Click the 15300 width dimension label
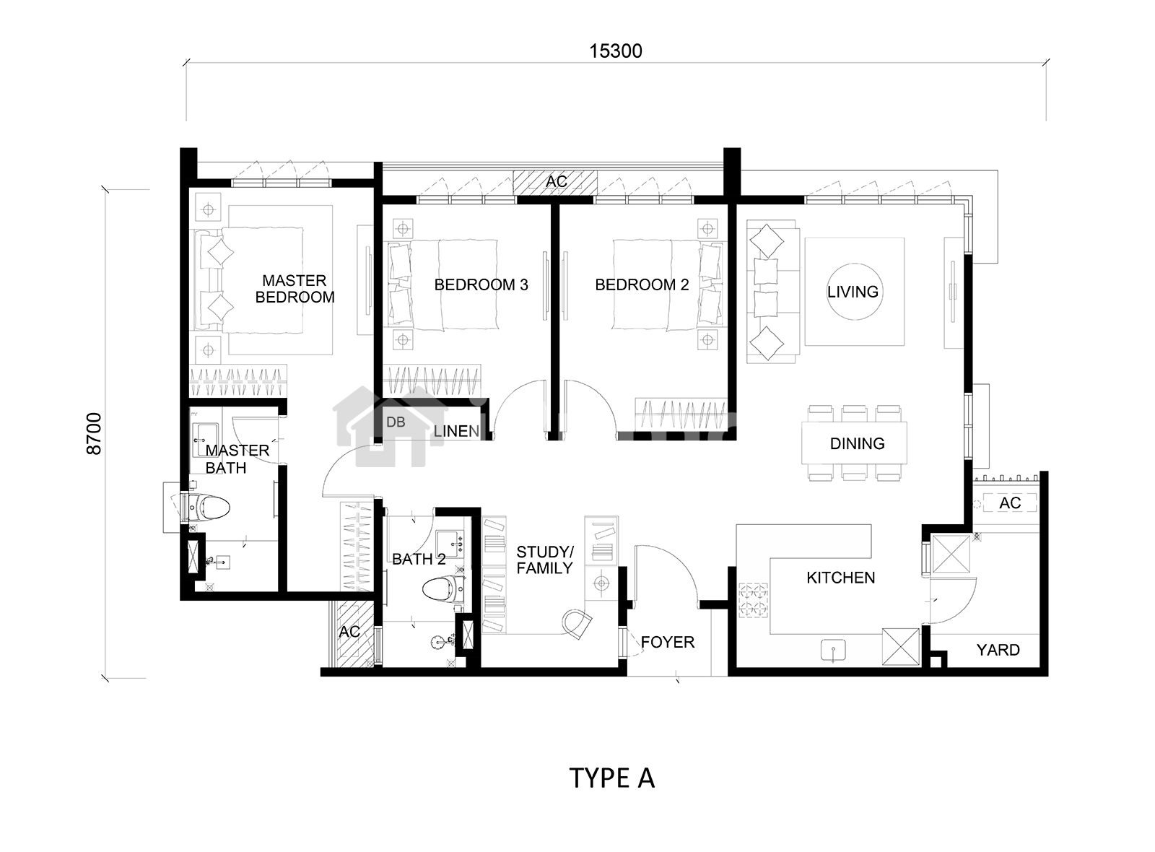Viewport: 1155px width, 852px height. point(616,51)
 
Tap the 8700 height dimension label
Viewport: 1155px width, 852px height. point(94,434)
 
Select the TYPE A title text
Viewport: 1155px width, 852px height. point(612,778)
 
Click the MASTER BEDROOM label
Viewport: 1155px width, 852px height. point(295,289)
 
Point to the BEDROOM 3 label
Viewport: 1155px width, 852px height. point(481,284)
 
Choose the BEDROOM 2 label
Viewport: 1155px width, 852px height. point(642,284)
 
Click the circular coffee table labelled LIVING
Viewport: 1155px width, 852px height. point(855,292)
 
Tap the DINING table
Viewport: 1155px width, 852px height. point(855,443)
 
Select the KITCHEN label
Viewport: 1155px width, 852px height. point(841,578)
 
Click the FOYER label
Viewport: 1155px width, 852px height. point(668,642)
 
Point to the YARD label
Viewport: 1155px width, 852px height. point(998,650)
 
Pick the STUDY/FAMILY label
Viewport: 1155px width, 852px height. point(545,560)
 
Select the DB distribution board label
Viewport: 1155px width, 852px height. point(396,422)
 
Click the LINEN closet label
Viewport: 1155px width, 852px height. point(456,431)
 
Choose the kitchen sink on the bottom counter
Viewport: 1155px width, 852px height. point(833,651)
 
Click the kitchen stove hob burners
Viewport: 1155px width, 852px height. point(753,600)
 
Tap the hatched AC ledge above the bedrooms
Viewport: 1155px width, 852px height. point(555,182)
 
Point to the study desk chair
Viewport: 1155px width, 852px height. point(576,623)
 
